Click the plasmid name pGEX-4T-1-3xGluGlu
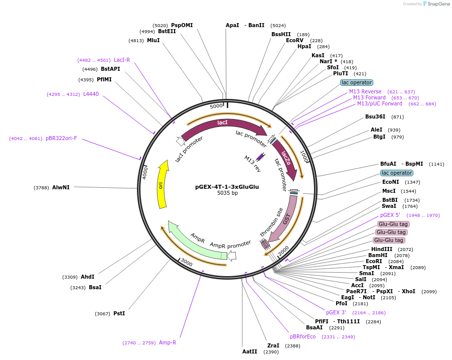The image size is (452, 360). pyautogui.click(x=227, y=187)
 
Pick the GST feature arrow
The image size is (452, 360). pyautogui.click(x=287, y=219)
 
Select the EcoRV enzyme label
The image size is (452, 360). pyautogui.click(x=294, y=40)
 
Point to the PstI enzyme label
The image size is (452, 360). pyautogui.click(x=119, y=313)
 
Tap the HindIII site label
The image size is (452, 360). pyautogui.click(x=382, y=249)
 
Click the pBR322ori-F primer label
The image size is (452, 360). pyautogui.click(x=61, y=138)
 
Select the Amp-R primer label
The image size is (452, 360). pyautogui.click(x=168, y=342)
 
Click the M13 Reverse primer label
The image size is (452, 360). pyautogui.click(x=365, y=91)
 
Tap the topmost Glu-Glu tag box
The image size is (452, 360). pyautogui.click(x=394, y=224)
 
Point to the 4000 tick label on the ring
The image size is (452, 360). pyautogui.click(x=144, y=173)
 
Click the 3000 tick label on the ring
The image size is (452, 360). pyautogui.click(x=186, y=263)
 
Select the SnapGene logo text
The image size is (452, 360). pyautogui.click(x=439, y=4)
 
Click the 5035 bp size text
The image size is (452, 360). pyautogui.click(x=227, y=193)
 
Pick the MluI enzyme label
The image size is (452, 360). pyautogui.click(x=153, y=40)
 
